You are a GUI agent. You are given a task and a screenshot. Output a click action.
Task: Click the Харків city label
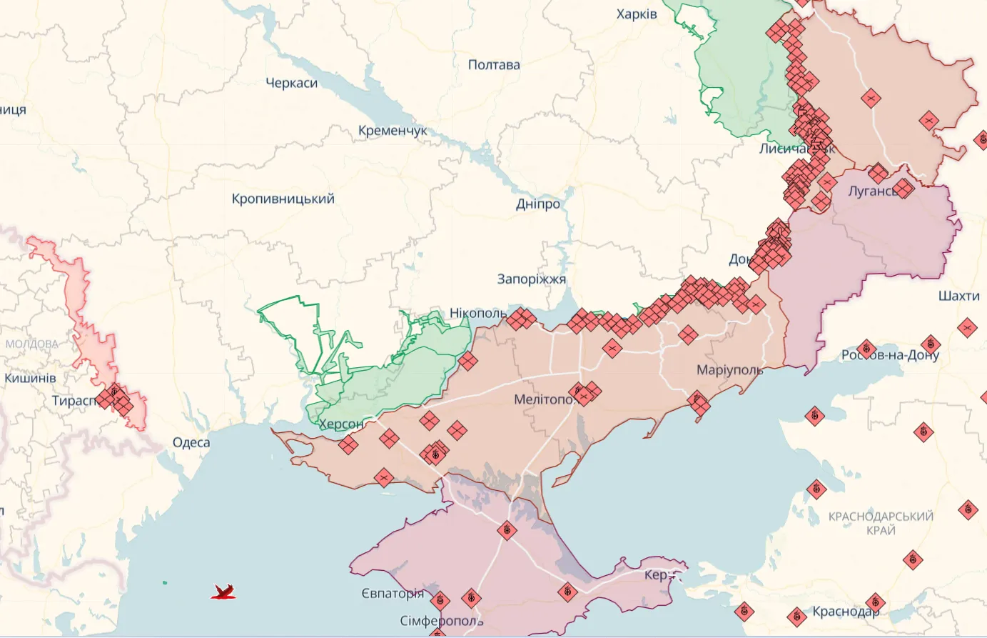[x=637, y=14]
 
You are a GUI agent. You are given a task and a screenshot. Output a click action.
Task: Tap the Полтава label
[x=494, y=65]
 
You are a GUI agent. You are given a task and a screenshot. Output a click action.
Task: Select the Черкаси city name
[x=291, y=84]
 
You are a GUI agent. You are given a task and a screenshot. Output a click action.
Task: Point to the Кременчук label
[x=393, y=131]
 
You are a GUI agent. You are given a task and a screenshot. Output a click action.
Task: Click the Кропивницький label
[x=283, y=199]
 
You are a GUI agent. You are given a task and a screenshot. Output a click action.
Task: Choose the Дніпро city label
[x=538, y=204]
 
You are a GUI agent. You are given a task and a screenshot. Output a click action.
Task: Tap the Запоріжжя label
[x=531, y=279]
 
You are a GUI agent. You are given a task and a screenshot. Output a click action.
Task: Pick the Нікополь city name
[x=477, y=314]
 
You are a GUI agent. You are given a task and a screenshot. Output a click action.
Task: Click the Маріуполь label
[x=729, y=370]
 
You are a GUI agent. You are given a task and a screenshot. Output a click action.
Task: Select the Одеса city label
[x=191, y=443]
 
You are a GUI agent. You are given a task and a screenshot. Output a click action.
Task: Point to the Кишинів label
[x=30, y=378]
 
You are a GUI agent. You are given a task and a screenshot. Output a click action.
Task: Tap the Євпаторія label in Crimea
[x=392, y=594]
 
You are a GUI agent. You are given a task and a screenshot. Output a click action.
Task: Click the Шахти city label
[x=958, y=296]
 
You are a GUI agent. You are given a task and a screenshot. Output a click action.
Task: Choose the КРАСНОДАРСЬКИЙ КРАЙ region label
[x=881, y=523]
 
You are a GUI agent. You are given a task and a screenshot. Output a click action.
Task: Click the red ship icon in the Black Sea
[x=223, y=592]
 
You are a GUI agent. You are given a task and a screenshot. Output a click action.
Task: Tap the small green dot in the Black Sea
[x=165, y=583]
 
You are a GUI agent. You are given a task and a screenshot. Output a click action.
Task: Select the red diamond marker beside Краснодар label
[x=875, y=603]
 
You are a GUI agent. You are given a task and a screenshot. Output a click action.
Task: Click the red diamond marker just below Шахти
[x=967, y=329]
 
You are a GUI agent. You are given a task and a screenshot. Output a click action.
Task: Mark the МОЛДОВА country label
[x=31, y=344]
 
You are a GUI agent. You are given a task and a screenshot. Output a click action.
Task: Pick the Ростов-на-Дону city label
[x=890, y=355]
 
